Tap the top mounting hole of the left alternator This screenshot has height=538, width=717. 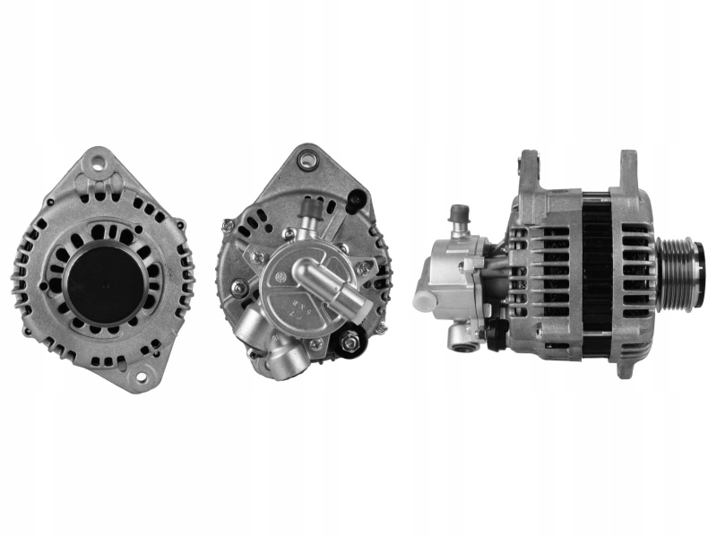[x=98, y=164]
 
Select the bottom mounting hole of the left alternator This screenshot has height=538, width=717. [x=139, y=377]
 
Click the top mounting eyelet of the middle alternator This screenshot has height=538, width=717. [x=308, y=161]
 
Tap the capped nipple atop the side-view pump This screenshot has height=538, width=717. [x=460, y=215]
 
